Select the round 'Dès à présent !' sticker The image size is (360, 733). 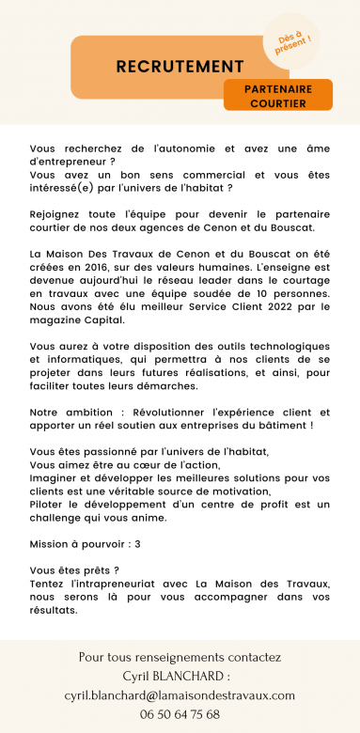[293, 40]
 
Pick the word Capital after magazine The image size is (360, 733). [102, 320]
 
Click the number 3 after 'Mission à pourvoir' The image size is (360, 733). [137, 544]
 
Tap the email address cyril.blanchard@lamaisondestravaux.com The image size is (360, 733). [180, 695]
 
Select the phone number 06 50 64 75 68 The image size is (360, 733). [180, 714]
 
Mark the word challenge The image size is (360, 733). [59, 518]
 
